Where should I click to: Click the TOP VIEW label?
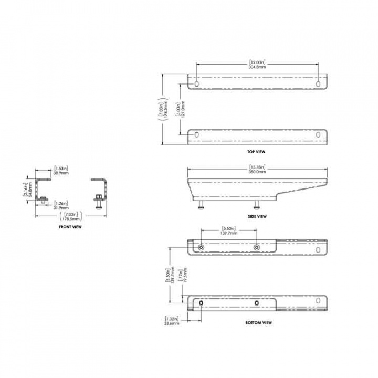pos(257,152)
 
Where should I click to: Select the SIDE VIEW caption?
pos(257,216)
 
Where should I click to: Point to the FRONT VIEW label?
pos(70,227)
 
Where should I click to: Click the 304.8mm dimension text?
pos(257,67)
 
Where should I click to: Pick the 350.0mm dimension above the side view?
pos(257,172)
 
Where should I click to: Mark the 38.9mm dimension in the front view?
pos(60,172)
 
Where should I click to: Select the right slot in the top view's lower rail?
pos(318,135)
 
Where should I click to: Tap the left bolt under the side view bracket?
pos(202,206)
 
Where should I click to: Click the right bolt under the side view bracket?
pos(257,206)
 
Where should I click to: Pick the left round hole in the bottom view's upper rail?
pos(202,247)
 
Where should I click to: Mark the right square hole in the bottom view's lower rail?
pos(256,303)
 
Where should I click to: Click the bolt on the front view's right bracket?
pos(98,201)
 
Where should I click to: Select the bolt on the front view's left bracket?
pos(43,200)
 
